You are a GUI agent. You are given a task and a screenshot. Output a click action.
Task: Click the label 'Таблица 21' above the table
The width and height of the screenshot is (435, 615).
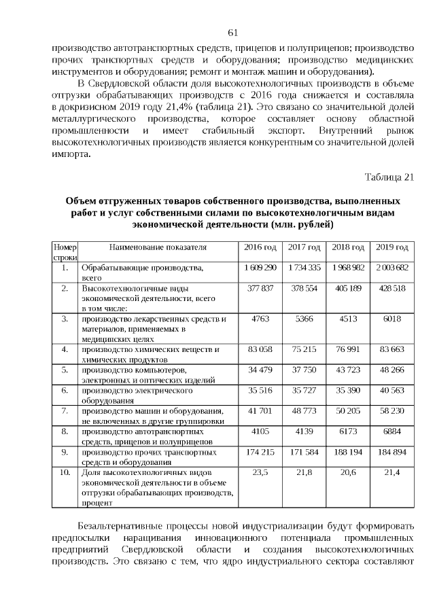click(x=389, y=177)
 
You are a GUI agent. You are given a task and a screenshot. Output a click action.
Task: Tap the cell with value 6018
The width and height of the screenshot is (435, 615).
click(x=392, y=319)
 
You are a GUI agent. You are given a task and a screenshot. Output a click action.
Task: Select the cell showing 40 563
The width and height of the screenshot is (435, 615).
click(x=392, y=391)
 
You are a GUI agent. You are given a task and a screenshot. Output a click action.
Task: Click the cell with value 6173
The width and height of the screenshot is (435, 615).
click(x=348, y=432)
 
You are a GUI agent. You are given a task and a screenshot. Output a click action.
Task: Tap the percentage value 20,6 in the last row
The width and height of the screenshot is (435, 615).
click(x=348, y=472)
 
